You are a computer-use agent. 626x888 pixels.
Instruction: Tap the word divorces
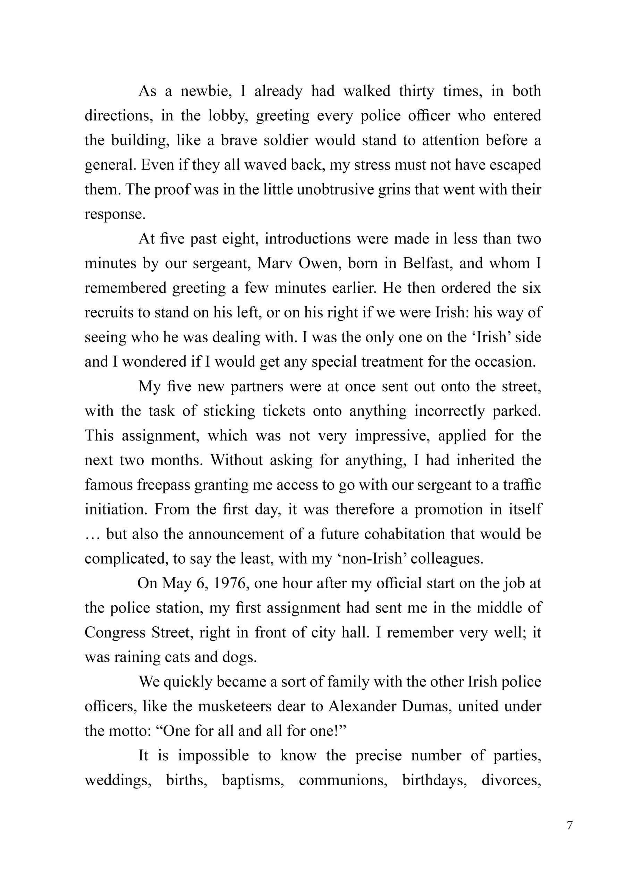(511, 780)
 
